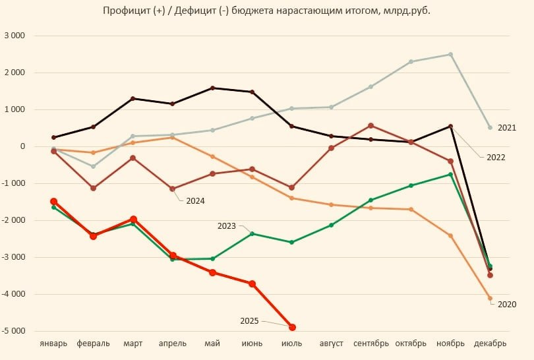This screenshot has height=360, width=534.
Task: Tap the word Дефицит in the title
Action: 181,11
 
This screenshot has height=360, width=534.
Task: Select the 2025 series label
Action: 250,320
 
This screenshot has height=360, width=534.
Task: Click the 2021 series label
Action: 506,127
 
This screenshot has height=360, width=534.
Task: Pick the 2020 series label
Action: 506,304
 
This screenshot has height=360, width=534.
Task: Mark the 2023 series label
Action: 227,226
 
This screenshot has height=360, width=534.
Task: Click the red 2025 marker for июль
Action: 292,327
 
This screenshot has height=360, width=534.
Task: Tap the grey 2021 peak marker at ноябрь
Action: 451,54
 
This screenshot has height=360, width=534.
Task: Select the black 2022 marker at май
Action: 212,88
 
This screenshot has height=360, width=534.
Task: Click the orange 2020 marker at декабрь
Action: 490,298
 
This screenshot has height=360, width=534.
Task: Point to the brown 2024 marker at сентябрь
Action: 371,125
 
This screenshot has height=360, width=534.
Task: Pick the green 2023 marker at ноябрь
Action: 451,174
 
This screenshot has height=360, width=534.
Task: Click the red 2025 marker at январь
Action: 53,201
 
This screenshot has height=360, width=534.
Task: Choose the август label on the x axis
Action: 332,344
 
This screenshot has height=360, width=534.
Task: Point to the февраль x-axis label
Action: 93,344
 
